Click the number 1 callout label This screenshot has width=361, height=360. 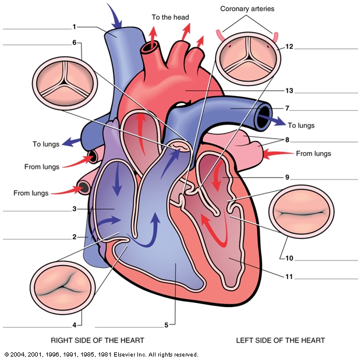click(x=75, y=26)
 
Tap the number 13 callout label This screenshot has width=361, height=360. click(x=288, y=91)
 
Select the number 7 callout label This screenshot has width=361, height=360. click(x=288, y=108)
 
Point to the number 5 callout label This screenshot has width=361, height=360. click(x=166, y=325)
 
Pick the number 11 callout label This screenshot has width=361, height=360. click(x=288, y=277)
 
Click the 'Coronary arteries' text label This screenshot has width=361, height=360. click(x=247, y=9)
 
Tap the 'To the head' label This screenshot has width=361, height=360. click(x=170, y=17)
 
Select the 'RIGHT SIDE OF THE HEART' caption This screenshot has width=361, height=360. click(x=97, y=340)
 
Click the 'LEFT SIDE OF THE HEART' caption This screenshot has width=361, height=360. click(x=280, y=340)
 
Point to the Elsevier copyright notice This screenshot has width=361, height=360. click(x=101, y=354)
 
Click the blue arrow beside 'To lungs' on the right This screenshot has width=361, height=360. click(x=270, y=121)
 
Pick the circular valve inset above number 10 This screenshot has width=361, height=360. click(x=302, y=213)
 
